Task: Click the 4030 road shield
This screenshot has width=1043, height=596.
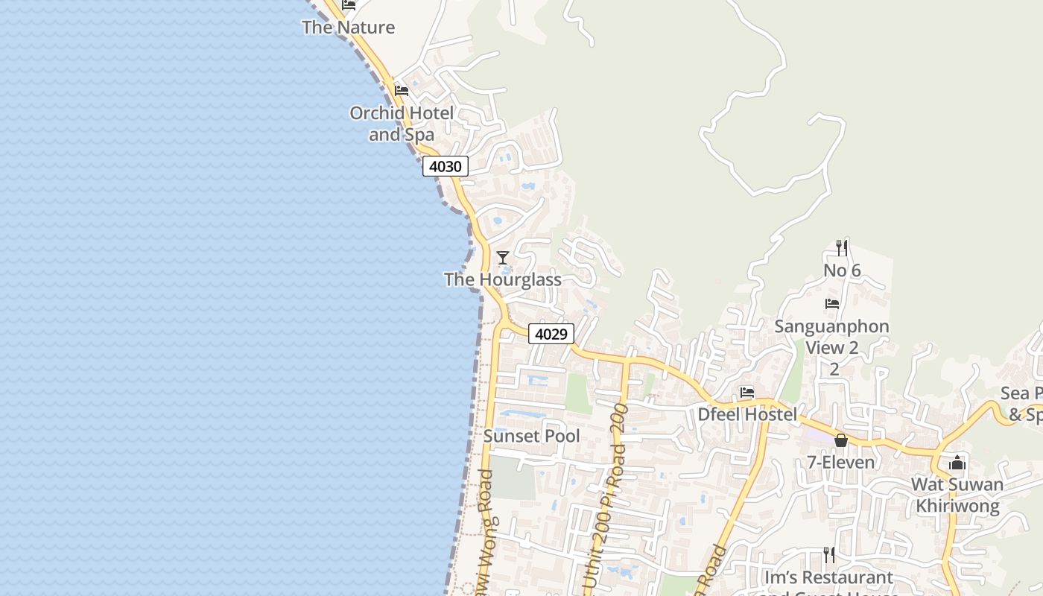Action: [446, 166]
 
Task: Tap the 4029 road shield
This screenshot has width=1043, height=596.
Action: [551, 334]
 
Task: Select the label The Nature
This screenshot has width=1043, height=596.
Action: [348, 28]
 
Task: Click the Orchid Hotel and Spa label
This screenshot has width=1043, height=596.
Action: [402, 124]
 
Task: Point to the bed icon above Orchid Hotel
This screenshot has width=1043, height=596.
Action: [402, 91]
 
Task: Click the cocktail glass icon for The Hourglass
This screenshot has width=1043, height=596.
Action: [503, 258]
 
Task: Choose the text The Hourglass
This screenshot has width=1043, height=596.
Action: [503, 280]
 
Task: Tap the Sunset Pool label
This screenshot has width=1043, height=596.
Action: [531, 436]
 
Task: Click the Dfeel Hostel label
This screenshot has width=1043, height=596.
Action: [747, 414]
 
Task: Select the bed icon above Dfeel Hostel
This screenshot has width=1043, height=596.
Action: [747, 393]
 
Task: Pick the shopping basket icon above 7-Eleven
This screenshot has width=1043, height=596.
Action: [841, 440]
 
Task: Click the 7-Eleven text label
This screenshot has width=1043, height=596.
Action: [841, 463]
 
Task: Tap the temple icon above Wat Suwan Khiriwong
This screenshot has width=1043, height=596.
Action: [957, 463]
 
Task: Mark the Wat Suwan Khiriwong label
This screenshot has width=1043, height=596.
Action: [957, 495]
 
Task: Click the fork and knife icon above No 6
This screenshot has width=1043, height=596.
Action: [842, 248]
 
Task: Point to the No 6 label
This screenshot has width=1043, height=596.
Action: [842, 270]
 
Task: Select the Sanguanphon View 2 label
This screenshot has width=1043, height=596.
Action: [832, 337]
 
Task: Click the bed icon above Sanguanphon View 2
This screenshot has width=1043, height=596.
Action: [832, 304]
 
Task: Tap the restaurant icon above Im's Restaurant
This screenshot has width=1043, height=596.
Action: [828, 555]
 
